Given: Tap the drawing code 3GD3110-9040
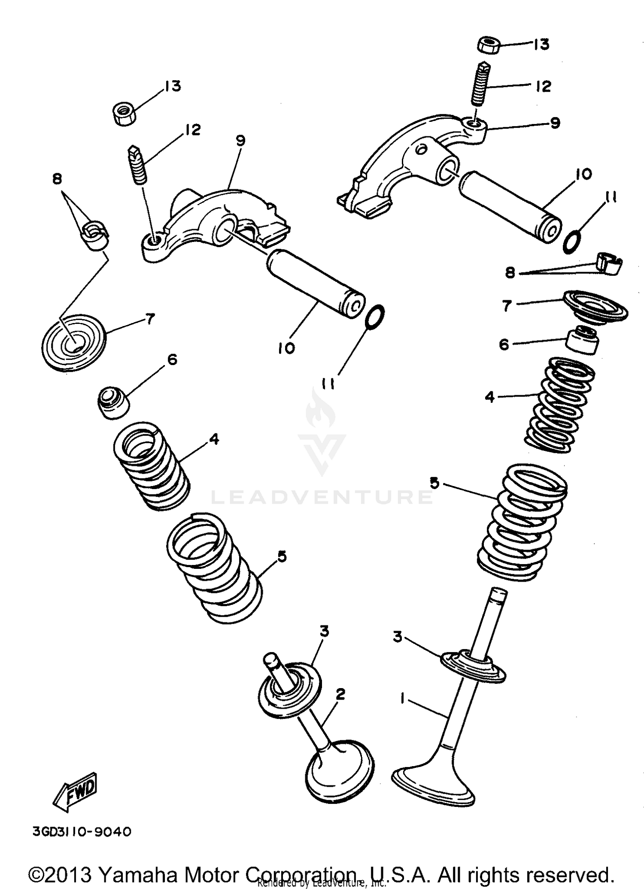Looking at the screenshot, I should click(x=82, y=832).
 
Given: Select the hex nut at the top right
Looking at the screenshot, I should click(x=489, y=45).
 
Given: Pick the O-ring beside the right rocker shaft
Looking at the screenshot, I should click(x=572, y=242).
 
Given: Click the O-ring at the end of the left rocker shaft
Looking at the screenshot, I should click(x=375, y=317).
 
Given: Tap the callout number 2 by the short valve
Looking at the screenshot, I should click(x=340, y=694).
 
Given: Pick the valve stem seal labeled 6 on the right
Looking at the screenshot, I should click(x=581, y=340).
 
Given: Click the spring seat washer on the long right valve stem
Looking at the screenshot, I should click(x=473, y=668).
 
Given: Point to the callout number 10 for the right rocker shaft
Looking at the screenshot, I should click(x=583, y=174).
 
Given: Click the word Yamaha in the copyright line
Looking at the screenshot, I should click(x=137, y=874).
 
